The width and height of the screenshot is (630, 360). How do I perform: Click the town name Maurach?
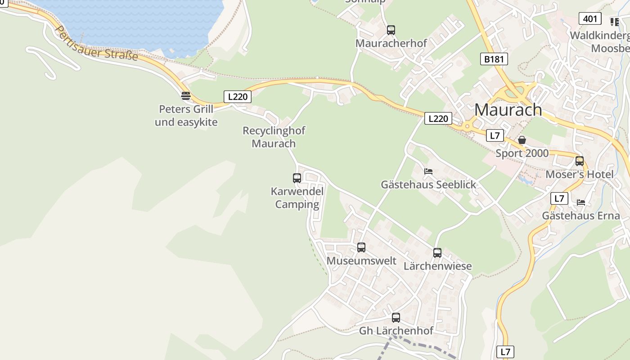pyautogui.click(x=508, y=110)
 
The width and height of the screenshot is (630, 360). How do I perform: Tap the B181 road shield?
pyautogui.click(x=494, y=59)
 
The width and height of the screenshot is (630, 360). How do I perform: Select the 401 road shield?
pyautogui.click(x=589, y=18)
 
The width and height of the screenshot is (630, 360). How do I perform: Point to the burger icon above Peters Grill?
pyautogui.click(x=186, y=95)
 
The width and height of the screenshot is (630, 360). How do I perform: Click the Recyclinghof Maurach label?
pyautogui.click(x=274, y=137)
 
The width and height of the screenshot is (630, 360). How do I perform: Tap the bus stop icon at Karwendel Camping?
pyautogui.click(x=297, y=178)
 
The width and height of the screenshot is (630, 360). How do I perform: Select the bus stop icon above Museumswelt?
pyautogui.click(x=361, y=247)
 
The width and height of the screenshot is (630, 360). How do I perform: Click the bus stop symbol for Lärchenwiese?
pyautogui.click(x=437, y=252)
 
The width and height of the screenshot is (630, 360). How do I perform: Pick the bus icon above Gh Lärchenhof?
pyautogui.click(x=396, y=317)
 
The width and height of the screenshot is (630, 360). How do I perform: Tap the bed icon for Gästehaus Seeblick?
pyautogui.click(x=428, y=171)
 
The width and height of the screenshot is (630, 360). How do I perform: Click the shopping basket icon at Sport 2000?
pyautogui.click(x=522, y=140)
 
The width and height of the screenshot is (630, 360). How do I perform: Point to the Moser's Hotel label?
pyautogui.click(x=579, y=175)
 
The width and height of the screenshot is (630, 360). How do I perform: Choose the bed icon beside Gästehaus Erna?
pyautogui.click(x=581, y=202)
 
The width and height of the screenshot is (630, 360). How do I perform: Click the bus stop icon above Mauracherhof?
pyautogui.click(x=391, y=30)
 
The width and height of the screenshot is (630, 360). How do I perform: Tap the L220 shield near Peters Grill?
pyautogui.click(x=237, y=96)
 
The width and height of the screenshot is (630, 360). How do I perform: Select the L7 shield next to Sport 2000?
pyautogui.click(x=495, y=135)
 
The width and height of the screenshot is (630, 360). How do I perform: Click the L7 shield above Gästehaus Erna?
pyautogui.click(x=559, y=198)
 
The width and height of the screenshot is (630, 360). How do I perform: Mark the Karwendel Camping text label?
pyautogui.click(x=297, y=198)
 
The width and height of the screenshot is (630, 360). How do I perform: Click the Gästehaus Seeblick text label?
pyautogui.click(x=428, y=184)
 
